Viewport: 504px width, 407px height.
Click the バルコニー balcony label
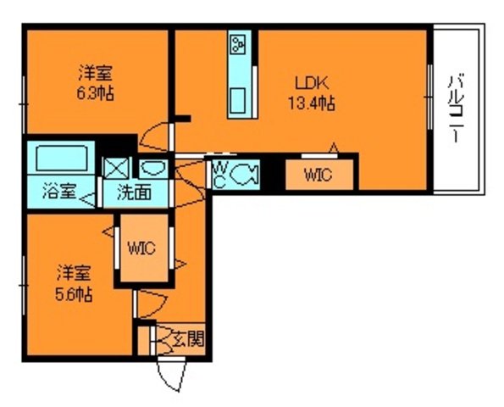point(457,111)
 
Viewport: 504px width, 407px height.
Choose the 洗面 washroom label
point(135,192)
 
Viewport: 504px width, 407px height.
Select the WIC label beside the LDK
point(318,176)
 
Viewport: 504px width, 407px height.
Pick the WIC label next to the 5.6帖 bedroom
point(141,248)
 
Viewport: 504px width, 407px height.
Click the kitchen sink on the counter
point(238,98)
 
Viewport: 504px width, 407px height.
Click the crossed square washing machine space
point(114,166)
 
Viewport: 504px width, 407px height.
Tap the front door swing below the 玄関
point(170,374)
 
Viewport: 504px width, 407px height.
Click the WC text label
point(219,173)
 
